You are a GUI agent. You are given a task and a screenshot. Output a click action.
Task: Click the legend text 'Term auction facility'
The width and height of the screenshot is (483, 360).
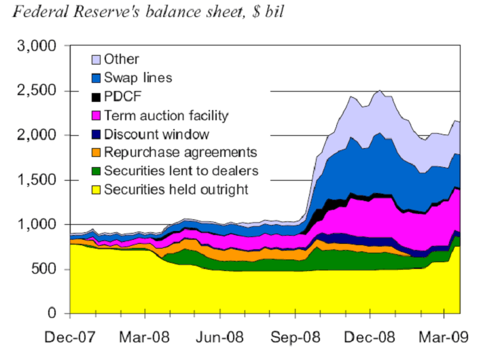click(x=166, y=115)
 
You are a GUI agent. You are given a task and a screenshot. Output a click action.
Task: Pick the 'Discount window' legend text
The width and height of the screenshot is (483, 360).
click(x=156, y=134)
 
